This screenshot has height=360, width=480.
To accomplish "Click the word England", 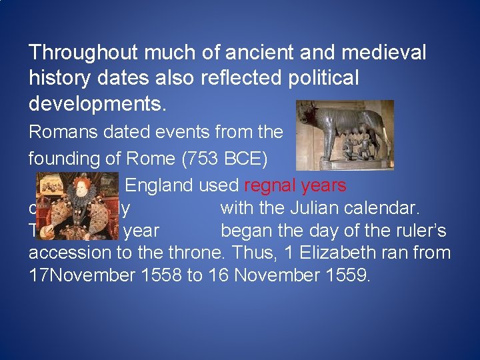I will tap(158, 185).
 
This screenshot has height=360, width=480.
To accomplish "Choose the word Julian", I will tap(319, 208).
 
